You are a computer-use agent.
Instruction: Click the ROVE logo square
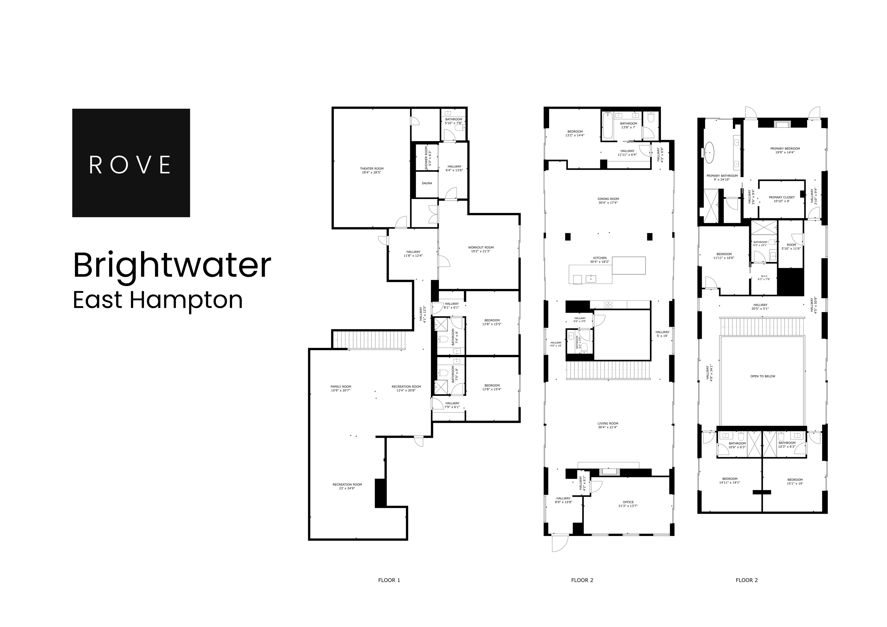[131, 163]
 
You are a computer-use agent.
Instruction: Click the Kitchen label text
[600, 258]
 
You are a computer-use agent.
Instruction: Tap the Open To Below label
[762, 376]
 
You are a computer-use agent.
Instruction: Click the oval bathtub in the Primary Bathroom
[710, 152]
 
